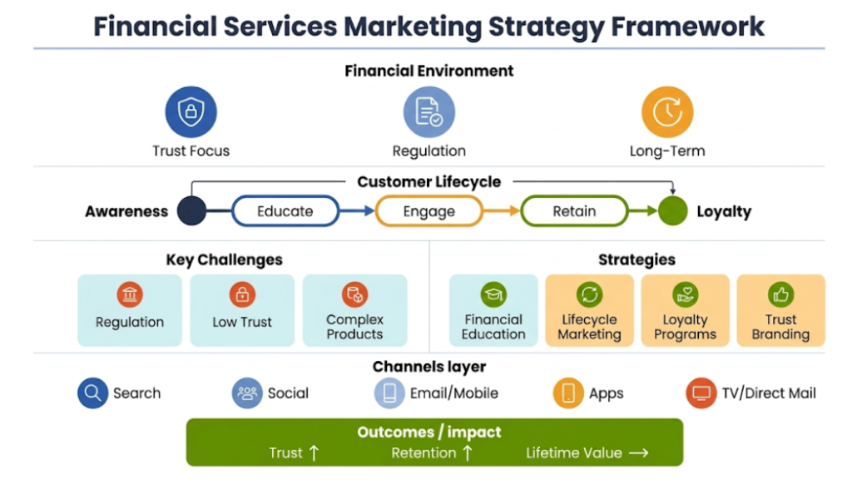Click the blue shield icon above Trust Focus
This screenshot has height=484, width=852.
(191, 111)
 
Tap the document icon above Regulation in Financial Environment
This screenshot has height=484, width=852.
(428, 111)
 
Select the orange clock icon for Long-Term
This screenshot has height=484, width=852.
(666, 111)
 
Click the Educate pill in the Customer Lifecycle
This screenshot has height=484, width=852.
(285, 211)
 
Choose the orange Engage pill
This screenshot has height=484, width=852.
(428, 211)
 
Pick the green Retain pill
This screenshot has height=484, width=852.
(574, 211)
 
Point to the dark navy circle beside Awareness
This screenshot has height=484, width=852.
(191, 211)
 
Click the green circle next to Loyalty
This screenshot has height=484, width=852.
(672, 211)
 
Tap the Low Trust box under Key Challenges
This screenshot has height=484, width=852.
(242, 310)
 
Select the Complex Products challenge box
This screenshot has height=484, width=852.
(354, 310)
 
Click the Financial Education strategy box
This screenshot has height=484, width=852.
(493, 310)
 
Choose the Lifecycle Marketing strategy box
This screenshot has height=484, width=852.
(589, 310)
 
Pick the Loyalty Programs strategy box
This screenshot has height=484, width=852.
(685, 310)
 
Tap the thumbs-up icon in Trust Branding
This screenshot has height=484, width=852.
(780, 294)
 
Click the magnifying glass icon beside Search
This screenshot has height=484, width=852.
(93, 393)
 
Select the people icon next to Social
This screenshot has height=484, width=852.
(247, 393)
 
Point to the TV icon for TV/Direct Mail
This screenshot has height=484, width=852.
(701, 393)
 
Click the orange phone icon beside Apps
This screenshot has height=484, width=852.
(568, 393)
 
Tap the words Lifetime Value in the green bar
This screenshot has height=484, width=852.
(573, 453)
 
